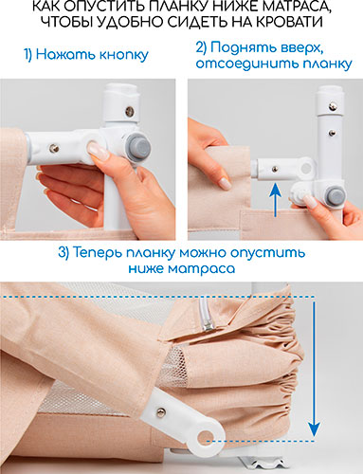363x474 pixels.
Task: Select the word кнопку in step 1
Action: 124,55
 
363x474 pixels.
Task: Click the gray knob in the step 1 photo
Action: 138,147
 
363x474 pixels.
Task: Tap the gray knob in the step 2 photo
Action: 335,194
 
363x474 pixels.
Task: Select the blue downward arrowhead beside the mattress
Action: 314,429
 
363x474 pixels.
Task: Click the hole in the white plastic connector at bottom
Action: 205,439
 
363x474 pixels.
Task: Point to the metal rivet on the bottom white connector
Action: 161,410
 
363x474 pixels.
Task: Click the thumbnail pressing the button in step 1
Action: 98,150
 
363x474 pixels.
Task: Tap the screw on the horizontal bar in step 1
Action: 54,148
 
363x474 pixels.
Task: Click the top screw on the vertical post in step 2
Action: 332,106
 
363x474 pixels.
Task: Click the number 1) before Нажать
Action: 28,55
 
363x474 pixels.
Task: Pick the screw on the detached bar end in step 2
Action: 275,170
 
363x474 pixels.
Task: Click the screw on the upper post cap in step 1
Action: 129,111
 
